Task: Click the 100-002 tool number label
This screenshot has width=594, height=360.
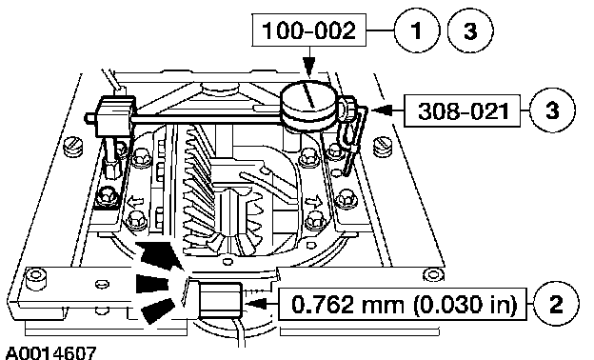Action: [309, 30]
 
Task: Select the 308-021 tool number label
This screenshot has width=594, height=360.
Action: [463, 110]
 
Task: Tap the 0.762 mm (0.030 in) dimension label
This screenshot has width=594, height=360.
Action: [403, 305]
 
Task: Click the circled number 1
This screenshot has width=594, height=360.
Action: [417, 30]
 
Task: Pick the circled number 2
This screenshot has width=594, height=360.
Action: [556, 305]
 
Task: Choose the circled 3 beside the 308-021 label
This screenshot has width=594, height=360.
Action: [552, 110]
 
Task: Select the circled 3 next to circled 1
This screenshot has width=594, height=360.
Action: [470, 30]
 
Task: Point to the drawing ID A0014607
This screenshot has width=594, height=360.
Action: [51, 352]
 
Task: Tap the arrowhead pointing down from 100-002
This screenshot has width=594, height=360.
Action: [310, 68]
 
